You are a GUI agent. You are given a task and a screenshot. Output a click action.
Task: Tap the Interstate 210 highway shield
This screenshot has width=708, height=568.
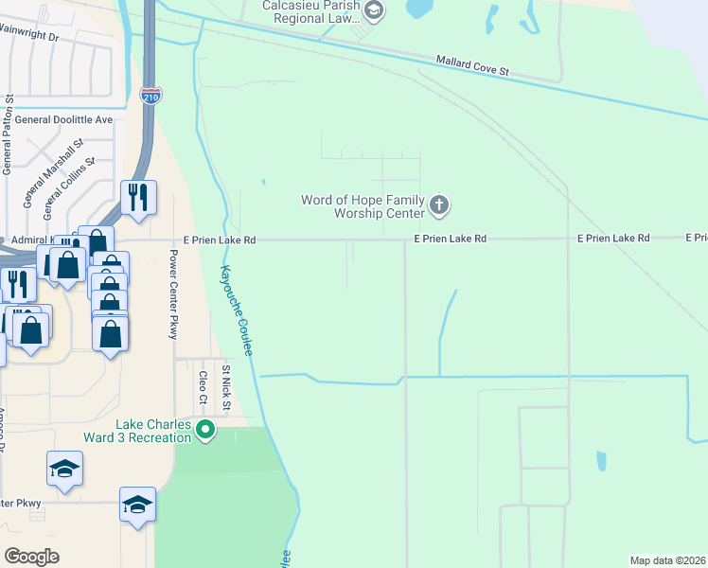pyautogui.click(x=150, y=96)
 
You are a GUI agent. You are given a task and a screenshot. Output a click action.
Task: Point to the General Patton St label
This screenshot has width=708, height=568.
pyautogui.click(x=8, y=133)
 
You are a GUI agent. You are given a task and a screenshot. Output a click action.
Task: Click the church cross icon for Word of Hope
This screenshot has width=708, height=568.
pyautogui.click(x=438, y=204)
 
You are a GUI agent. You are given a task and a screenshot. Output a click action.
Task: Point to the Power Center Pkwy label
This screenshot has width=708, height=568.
pyautogui.click(x=174, y=294)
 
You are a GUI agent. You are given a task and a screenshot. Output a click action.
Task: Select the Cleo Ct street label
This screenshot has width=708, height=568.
pyautogui.click(x=203, y=386)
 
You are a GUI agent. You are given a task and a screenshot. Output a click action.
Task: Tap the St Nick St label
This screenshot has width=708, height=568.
pyautogui.click(x=226, y=388)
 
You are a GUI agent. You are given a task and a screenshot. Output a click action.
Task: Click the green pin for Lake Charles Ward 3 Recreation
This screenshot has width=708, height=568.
pyautogui.click(x=205, y=431)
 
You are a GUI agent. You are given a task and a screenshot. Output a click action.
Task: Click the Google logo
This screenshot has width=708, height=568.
pyautogui.click(x=31, y=556)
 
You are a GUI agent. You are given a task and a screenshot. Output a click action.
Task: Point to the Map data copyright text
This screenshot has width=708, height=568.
pyautogui.click(x=667, y=560)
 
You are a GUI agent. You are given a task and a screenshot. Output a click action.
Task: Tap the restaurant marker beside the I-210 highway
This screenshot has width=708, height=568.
pyautogui.click(x=138, y=198)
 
